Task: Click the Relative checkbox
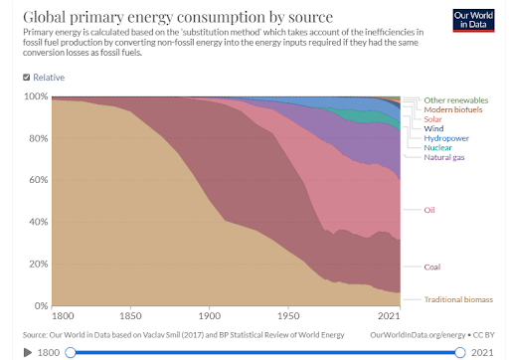[x=26, y=78]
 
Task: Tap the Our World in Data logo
[x=473, y=21]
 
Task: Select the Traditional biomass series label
[x=458, y=299]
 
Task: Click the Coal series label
[x=432, y=267]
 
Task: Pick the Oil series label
[x=429, y=210]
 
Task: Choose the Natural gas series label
[x=444, y=157]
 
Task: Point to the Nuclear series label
[x=437, y=147]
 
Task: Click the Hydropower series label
[x=446, y=138]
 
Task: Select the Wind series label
[x=433, y=128]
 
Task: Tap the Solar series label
[x=432, y=119]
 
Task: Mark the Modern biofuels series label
[x=453, y=109]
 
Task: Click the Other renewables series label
[x=456, y=100]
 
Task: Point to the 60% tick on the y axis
[x=39, y=180]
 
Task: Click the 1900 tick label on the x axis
[x=210, y=315]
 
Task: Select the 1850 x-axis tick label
[x=130, y=315]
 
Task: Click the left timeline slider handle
[x=71, y=352]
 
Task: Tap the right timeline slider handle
[x=460, y=352]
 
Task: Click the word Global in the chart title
[x=45, y=17]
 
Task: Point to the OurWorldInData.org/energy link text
[x=418, y=335]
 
